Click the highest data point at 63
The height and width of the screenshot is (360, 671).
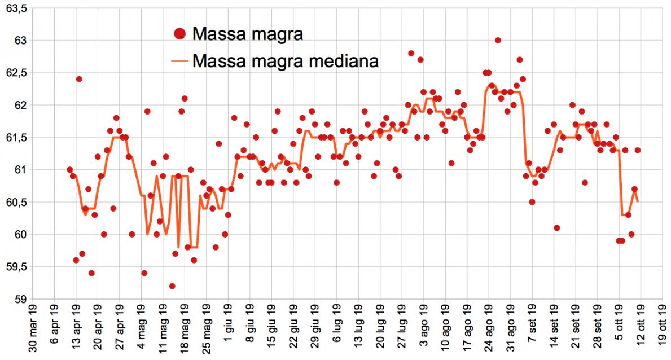[498, 41]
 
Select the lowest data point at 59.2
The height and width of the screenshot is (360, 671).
[172, 286]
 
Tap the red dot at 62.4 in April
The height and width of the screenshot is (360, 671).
[79, 79]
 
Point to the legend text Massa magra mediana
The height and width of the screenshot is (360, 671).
[285, 60]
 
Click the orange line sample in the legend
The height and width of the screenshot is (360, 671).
[179, 60]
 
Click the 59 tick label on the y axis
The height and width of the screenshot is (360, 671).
[20, 299]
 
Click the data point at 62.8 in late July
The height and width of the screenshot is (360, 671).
[411, 54]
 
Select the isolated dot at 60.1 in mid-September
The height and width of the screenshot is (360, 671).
[557, 228]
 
